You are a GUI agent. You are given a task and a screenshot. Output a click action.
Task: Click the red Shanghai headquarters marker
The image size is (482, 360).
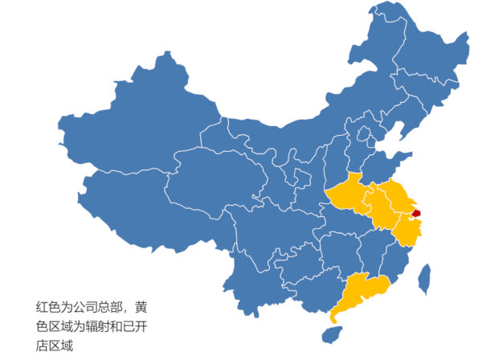tap(415, 212)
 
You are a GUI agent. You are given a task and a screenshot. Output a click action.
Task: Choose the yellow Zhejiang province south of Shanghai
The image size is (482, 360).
tap(407, 231)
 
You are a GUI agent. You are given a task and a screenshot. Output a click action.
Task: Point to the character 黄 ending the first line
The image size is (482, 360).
tap(141, 306)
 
